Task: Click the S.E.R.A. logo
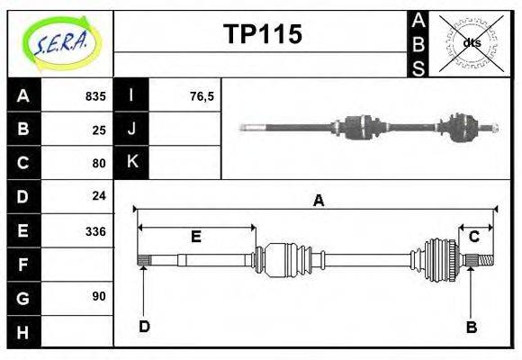pos(59,42)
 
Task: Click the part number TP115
pos(262,34)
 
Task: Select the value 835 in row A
pos(95,95)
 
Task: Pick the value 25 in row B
pos(99,129)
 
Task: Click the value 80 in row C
pos(99,163)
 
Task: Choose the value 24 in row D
pos(99,195)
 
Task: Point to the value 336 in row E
pos(95,230)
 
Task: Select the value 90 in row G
pos(99,296)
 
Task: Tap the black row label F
pos(23,265)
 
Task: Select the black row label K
pos(132,162)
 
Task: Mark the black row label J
pos(132,129)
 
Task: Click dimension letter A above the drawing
pos(318,201)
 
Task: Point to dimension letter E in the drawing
pos(195,237)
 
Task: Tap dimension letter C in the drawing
pos(473,237)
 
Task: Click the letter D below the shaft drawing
pos(144,327)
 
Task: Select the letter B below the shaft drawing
pos(472,327)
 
